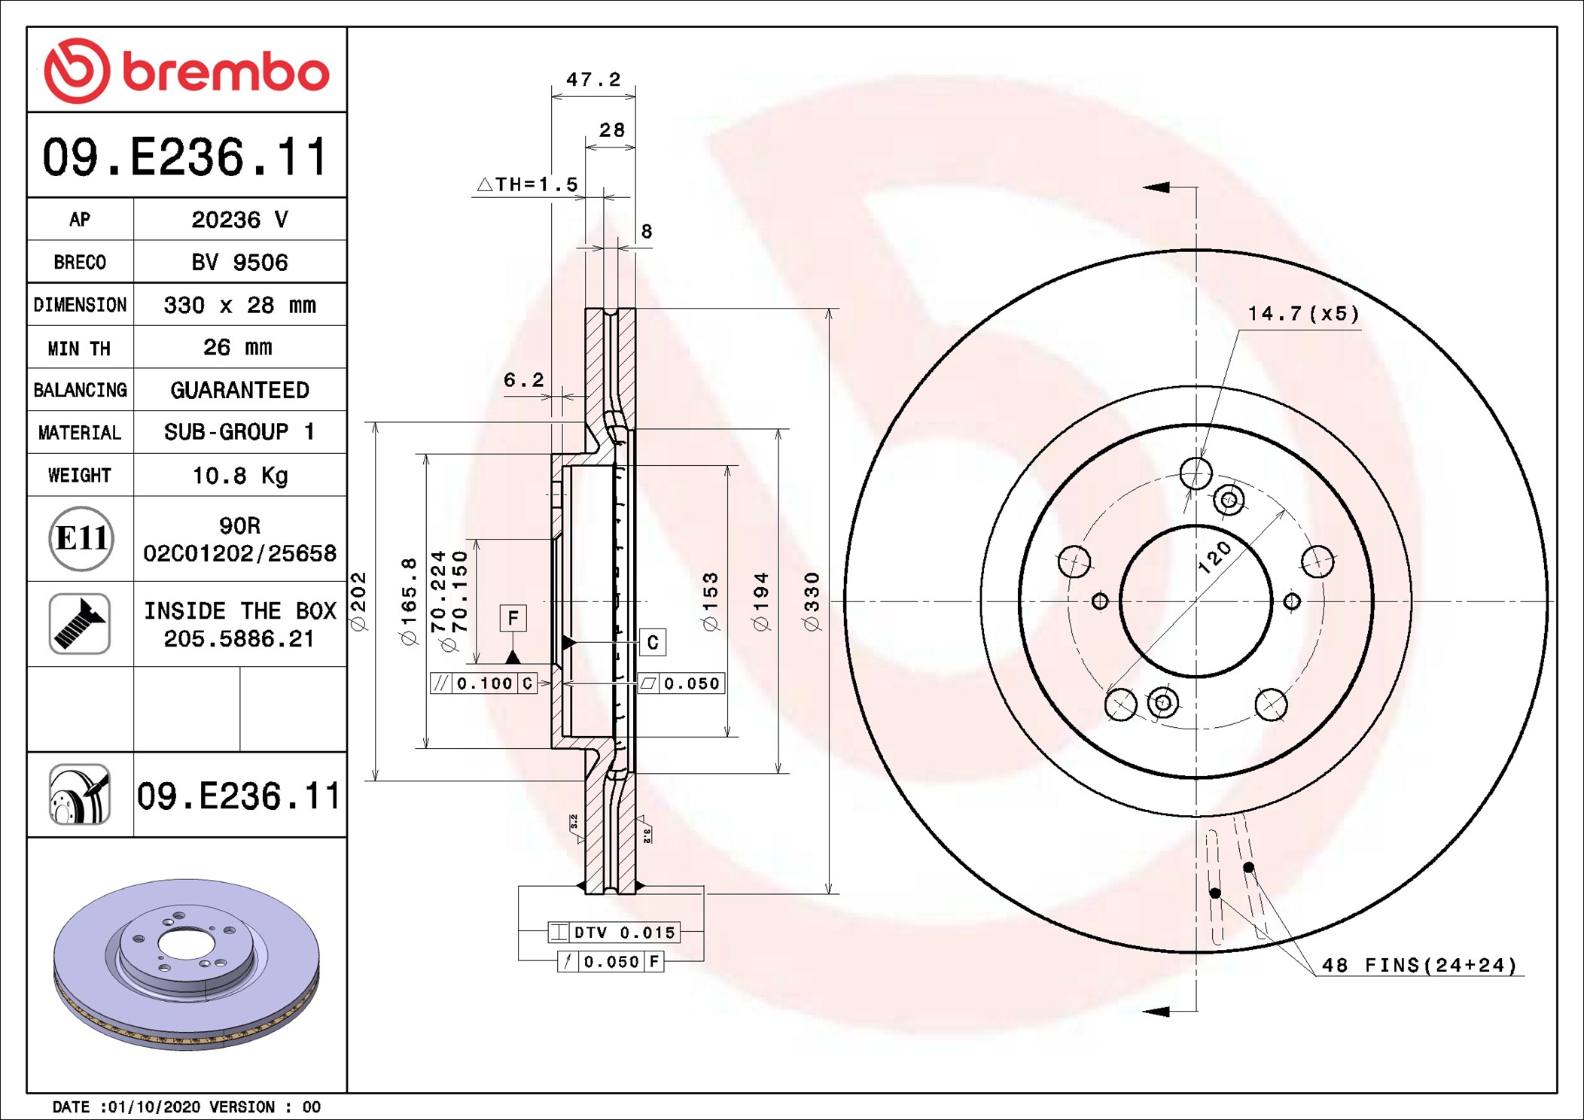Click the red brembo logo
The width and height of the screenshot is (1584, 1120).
(187, 71)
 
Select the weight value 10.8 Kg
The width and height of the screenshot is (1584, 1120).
(240, 476)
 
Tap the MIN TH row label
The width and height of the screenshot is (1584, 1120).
(79, 348)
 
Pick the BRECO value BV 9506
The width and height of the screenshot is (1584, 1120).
(239, 262)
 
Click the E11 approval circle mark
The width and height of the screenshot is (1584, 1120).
(81, 538)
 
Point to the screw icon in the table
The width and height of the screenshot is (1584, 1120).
(80, 623)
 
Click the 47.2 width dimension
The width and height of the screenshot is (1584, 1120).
(593, 79)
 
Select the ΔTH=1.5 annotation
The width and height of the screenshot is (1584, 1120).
(528, 184)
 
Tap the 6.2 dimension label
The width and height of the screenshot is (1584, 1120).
(523, 380)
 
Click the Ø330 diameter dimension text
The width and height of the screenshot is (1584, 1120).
(811, 601)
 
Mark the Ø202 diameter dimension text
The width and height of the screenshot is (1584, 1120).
(358, 601)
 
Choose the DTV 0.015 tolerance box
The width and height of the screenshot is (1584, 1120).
(614, 933)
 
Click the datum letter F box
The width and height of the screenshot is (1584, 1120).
(513, 618)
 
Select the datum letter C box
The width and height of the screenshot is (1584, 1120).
(652, 642)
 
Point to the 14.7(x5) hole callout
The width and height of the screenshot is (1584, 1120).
(1303, 313)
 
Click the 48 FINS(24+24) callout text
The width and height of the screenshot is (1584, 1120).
(1419, 965)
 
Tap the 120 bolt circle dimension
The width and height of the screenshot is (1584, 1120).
(1214, 558)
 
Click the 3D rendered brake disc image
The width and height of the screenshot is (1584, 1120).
(187, 964)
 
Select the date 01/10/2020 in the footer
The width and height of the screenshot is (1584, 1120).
(154, 1106)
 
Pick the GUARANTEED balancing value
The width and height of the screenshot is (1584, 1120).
(239, 390)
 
